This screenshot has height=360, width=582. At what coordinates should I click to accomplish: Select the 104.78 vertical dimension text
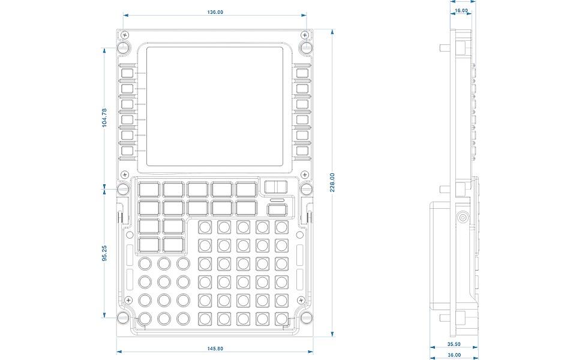(104, 117)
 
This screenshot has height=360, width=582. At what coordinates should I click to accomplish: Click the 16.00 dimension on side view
(461, 10)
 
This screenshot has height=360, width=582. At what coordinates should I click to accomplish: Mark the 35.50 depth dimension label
(454, 344)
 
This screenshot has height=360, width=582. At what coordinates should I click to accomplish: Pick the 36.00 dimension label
(455, 355)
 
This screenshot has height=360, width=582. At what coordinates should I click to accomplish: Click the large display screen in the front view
(214, 106)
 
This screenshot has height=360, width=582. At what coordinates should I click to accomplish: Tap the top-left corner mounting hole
(122, 47)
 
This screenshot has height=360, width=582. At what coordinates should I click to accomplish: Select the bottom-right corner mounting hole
(306, 317)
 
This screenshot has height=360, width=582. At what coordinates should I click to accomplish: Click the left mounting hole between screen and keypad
(122, 190)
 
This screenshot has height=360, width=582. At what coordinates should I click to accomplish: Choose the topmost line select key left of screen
(127, 73)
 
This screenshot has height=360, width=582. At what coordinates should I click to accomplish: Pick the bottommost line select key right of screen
(301, 151)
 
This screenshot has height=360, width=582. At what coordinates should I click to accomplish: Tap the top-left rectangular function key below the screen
(149, 190)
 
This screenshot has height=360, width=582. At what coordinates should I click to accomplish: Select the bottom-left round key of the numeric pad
(145, 318)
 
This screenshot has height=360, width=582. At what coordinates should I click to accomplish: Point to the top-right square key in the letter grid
(281, 227)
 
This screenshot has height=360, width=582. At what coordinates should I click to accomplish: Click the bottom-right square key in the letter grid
(281, 318)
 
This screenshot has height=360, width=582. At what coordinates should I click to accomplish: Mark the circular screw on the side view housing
(462, 218)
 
